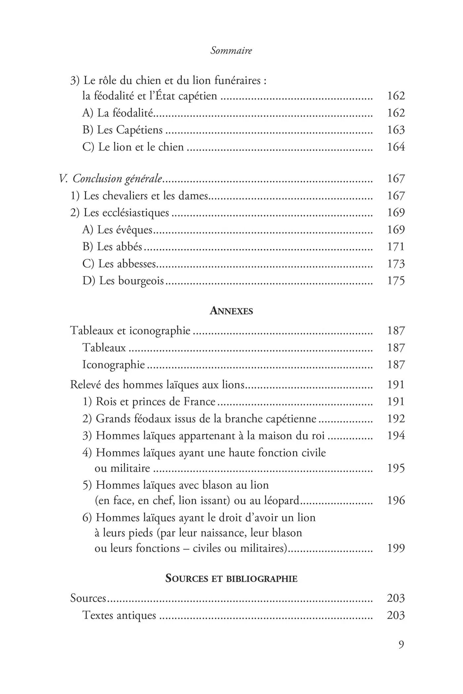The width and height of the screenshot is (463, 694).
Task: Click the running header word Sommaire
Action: click(x=231, y=51)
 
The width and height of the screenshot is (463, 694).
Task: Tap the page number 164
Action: click(x=396, y=147)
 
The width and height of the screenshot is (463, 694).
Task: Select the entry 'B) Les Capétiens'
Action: click(x=122, y=130)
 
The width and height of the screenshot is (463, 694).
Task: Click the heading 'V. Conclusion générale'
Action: click(x=110, y=179)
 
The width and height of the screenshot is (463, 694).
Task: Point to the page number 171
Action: click(x=396, y=247)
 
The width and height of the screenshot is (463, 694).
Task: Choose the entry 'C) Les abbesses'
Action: click(x=119, y=264)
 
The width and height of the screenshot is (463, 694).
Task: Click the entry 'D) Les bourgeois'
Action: click(x=123, y=281)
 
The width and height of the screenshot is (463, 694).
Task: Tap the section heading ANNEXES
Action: click(x=231, y=311)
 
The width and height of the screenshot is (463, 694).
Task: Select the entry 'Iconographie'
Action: click(x=113, y=365)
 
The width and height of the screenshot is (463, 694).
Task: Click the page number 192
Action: click(x=396, y=419)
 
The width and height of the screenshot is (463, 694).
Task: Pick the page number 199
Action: click(x=396, y=548)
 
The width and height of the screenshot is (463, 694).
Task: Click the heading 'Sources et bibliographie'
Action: click(x=231, y=579)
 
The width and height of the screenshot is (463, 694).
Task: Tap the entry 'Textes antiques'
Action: click(x=119, y=615)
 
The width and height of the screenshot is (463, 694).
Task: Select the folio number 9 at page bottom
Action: click(x=401, y=645)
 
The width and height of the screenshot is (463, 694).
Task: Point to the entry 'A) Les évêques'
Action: click(x=117, y=230)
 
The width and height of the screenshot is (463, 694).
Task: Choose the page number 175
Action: click(x=396, y=281)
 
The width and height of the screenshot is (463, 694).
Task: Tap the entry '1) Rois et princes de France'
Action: click(x=149, y=402)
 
